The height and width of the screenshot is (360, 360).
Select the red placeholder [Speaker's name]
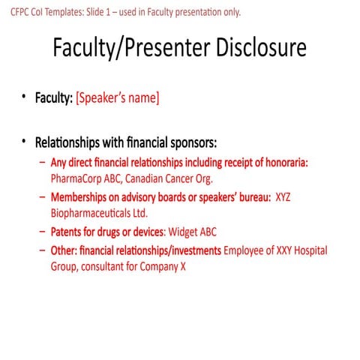point(118,97)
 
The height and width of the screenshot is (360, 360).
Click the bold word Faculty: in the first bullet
point(52,97)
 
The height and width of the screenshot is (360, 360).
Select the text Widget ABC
point(193,232)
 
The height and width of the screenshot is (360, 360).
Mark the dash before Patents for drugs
point(42,232)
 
